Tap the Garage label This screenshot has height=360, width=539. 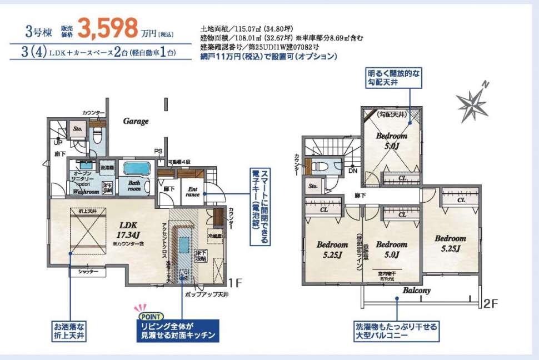[136, 121]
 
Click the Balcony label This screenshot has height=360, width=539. [417, 290]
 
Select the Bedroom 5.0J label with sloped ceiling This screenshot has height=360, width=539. [391, 141]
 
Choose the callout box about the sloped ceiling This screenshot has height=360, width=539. [394, 78]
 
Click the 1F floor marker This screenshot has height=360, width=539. [236, 282]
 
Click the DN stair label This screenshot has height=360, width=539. [352, 171]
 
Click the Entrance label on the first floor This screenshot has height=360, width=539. [193, 191]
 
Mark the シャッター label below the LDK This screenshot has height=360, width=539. [88, 272]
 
